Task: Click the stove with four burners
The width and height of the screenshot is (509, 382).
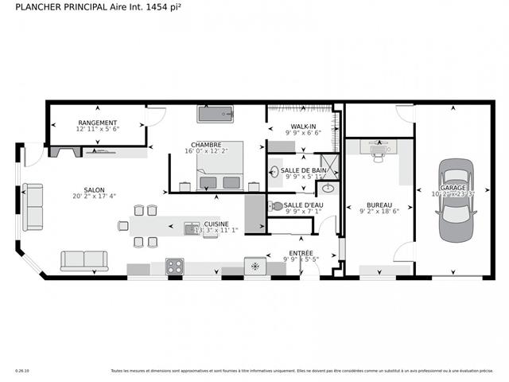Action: point(174,266)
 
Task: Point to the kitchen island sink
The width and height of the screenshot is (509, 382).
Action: point(191,229)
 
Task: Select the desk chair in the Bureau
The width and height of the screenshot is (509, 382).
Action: point(378,158)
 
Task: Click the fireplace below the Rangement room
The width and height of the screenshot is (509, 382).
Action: point(64,151)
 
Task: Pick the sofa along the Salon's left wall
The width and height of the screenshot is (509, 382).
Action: point(33,206)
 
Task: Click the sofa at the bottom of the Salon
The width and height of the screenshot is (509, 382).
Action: point(84,261)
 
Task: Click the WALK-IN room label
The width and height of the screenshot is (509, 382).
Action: point(303,127)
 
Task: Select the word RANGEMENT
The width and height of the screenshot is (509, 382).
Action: point(97,123)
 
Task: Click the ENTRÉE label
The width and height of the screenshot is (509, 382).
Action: point(300,253)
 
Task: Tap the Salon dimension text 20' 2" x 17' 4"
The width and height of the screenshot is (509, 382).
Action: point(95,196)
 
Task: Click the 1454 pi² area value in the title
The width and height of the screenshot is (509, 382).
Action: point(160,7)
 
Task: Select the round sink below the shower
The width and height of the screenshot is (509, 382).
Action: point(327,189)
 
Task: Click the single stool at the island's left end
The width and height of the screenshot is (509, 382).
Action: point(123,226)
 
